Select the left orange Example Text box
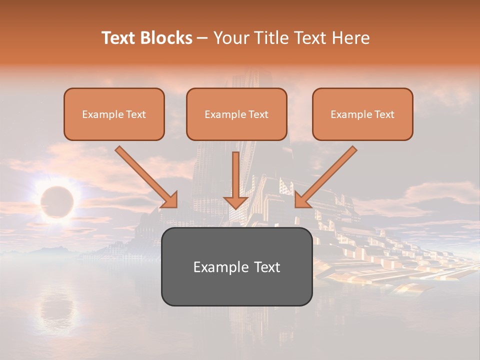point(114,114)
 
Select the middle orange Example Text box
point(236,114)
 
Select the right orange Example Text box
point(362,114)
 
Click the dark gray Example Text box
point(236,266)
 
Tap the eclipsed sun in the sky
point(56,201)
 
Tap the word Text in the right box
point(384,114)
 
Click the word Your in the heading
point(229,38)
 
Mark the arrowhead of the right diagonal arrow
point(302,199)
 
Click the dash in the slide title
point(202,38)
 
